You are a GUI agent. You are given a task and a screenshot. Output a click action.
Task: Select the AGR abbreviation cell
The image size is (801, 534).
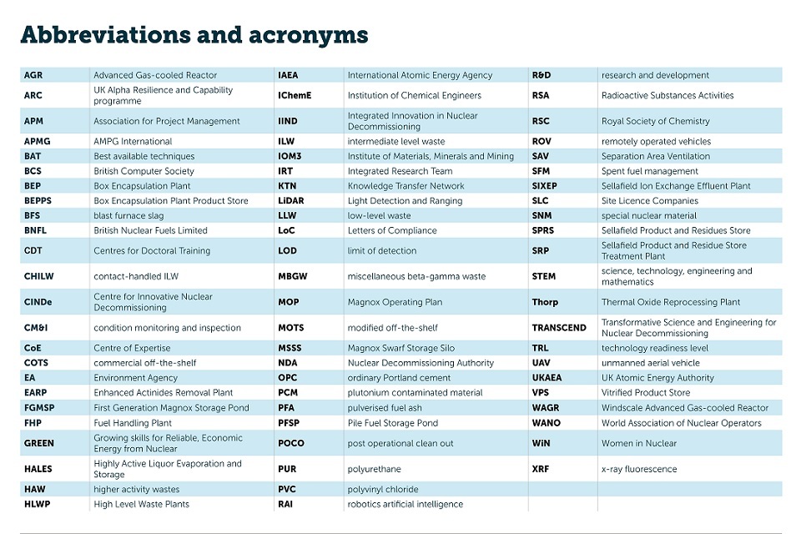tap(33, 75)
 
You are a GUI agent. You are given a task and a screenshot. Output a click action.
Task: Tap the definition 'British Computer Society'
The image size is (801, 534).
tap(144, 171)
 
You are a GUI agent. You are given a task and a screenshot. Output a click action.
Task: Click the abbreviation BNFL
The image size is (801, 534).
tap(34, 230)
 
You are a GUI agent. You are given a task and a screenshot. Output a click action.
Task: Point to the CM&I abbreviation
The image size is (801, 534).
tap(36, 328)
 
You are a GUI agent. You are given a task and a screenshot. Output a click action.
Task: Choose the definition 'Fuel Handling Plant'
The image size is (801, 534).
tap(133, 423)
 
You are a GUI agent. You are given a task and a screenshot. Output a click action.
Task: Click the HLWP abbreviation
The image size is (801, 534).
tap(37, 504)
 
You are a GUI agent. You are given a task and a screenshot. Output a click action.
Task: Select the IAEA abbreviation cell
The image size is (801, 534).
tap(288, 75)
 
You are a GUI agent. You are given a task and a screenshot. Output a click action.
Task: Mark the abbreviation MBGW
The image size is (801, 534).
tap(292, 276)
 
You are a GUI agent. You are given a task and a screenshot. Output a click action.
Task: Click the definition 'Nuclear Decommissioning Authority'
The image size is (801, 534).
tap(421, 363)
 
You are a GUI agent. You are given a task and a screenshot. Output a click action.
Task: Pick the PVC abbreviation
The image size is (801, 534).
tap(287, 489)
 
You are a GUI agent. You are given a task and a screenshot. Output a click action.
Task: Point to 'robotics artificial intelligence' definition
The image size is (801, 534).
tap(406, 504)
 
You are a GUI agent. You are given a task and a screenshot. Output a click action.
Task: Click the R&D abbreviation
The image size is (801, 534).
tap(542, 75)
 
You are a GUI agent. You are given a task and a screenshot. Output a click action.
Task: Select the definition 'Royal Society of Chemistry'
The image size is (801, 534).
tap(656, 121)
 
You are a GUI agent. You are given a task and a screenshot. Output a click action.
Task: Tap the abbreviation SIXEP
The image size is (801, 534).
tap(544, 186)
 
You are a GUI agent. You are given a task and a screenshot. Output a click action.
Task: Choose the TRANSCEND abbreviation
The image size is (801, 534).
tap(559, 328)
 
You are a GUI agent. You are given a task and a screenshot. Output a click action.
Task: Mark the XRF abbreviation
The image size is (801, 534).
tap(541, 469)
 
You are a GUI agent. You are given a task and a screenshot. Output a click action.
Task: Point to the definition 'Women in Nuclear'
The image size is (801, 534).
tap(639, 443)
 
